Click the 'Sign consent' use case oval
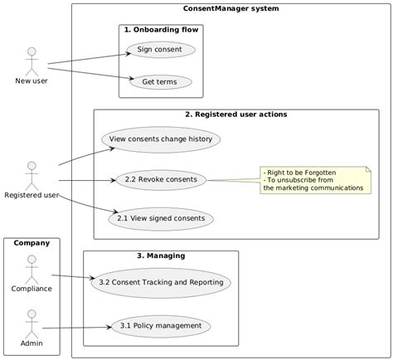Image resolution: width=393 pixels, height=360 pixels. pos(160,50)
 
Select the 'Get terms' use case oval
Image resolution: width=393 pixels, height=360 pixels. pos(160,82)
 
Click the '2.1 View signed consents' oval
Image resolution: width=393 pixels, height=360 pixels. pos(160,219)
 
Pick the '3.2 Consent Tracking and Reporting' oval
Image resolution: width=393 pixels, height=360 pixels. pos(160,283)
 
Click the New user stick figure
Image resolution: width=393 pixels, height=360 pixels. pos(32,61)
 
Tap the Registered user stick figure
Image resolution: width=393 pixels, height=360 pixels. pos(32,174)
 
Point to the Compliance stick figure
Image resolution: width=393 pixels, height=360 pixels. pos(32,267)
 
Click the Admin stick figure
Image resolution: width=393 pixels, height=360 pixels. pos(32,322)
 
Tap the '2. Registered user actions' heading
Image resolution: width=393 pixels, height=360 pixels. pos(235,114)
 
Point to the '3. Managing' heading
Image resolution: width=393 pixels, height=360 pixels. pos(160,255)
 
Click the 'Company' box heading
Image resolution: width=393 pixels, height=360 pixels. pos(32,243)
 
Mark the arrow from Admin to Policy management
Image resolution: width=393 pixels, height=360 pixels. pos(79,327)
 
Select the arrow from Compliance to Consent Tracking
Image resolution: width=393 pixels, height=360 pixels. pos(70,278)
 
